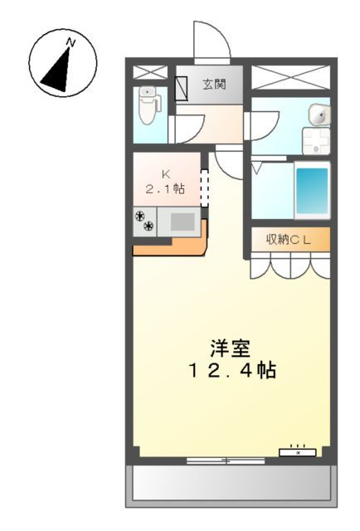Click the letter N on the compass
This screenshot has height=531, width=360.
click(72, 41)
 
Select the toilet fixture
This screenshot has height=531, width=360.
click(148, 105)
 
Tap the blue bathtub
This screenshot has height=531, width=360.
click(312, 189)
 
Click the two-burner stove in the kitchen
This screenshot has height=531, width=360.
click(144, 220)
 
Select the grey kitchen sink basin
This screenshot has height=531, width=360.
click(182, 222)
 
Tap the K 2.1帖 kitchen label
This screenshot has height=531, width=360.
click(165, 182)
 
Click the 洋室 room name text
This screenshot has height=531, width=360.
click(228, 348)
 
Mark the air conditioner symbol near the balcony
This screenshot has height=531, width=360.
click(298, 451)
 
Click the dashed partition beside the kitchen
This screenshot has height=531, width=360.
click(204, 186)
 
